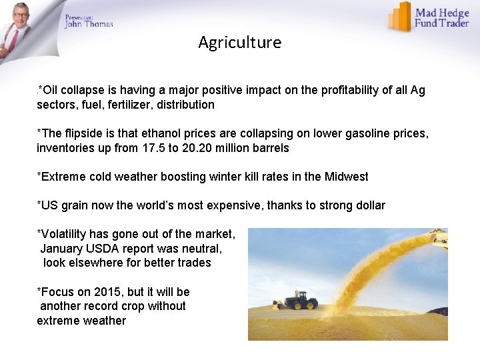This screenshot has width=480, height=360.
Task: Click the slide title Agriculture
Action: [x=239, y=43]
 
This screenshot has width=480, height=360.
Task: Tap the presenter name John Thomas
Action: [x=89, y=24]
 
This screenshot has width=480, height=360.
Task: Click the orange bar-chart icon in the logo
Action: [x=400, y=17]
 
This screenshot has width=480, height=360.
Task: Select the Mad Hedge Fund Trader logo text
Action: [x=442, y=18]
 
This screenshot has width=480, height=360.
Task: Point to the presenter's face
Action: [x=21, y=17]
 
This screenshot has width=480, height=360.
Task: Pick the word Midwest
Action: [x=346, y=177]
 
